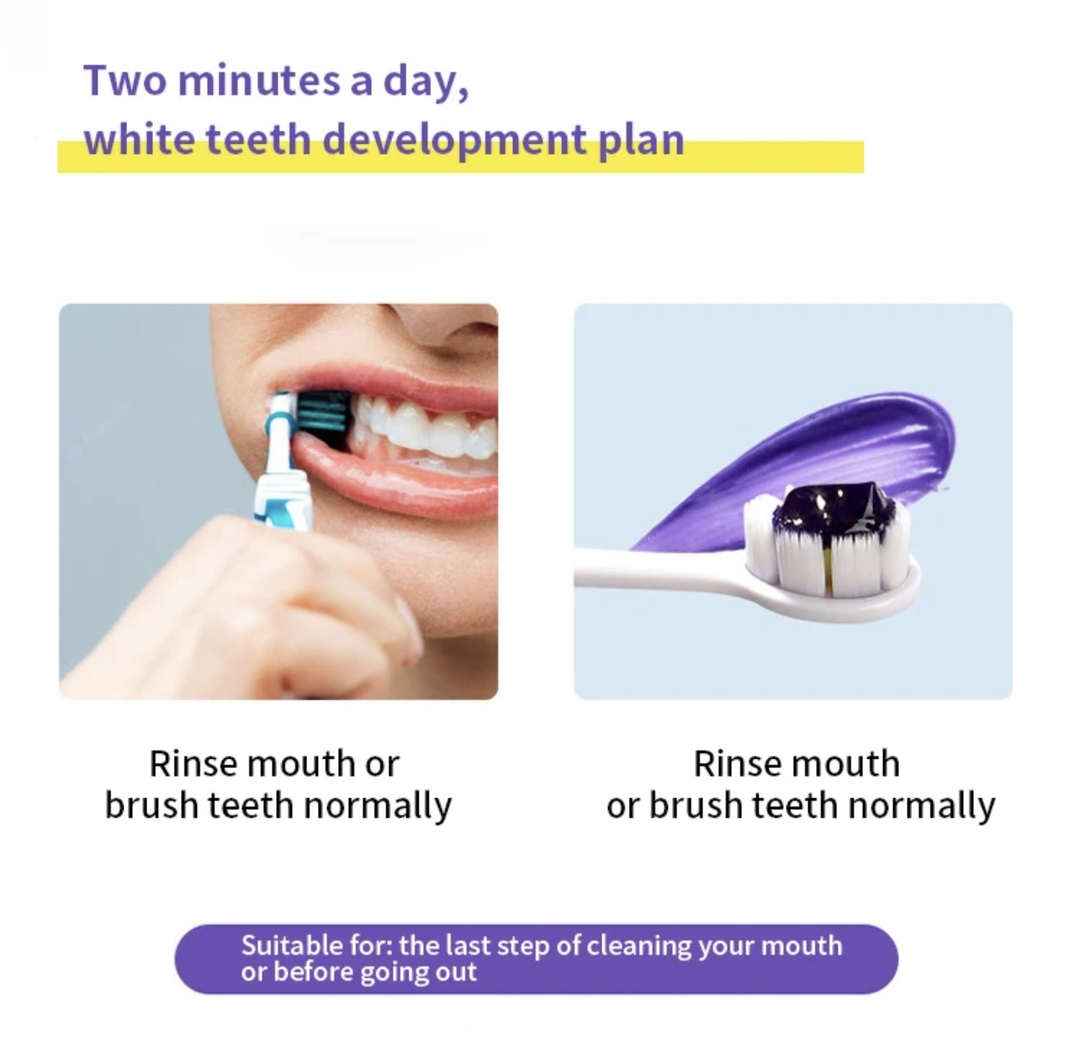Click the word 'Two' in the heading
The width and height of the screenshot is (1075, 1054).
pos(125,81)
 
